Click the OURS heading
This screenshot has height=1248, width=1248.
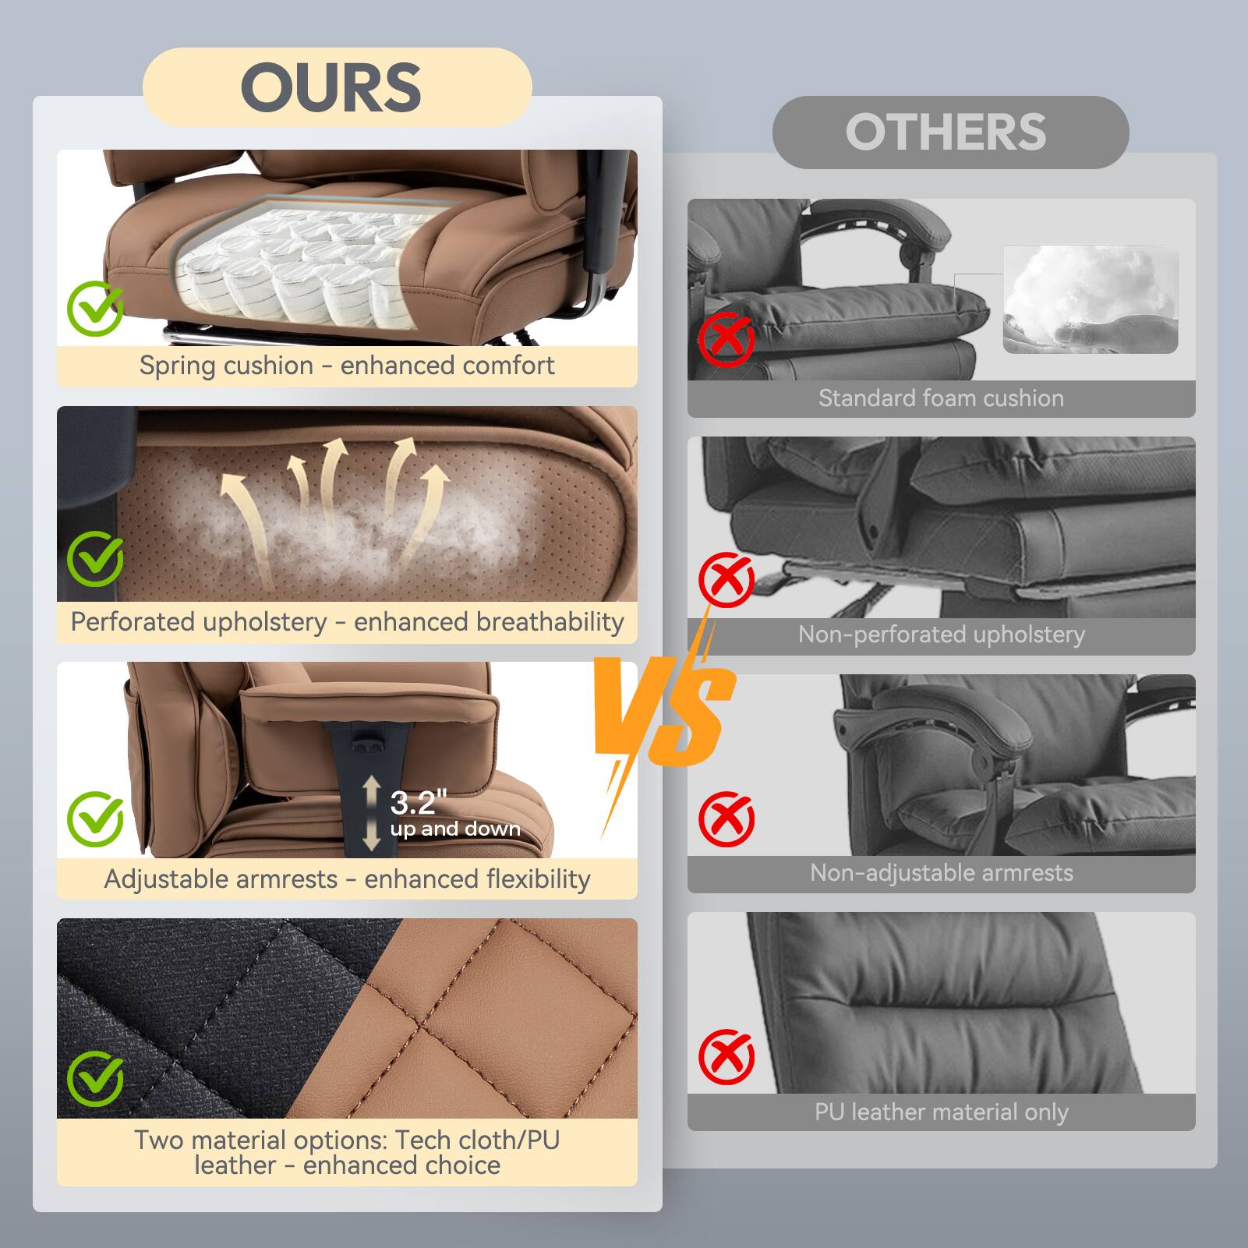click(x=331, y=87)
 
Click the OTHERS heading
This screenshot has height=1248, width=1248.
click(x=946, y=132)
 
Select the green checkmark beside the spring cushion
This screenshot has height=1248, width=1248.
click(x=95, y=308)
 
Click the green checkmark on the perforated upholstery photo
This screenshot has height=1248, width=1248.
click(x=95, y=559)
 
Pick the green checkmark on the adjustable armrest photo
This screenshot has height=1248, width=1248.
click(x=95, y=818)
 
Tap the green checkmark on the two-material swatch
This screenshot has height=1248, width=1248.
click(x=95, y=1078)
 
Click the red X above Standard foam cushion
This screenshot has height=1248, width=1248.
click(x=726, y=339)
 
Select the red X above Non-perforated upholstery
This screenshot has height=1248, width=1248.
click(x=726, y=579)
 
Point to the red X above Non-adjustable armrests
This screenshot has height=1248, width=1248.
click(x=726, y=818)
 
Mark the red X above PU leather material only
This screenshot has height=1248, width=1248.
click(x=726, y=1057)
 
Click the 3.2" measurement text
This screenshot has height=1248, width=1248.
click(x=419, y=802)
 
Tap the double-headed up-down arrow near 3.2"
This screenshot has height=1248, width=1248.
click(x=372, y=813)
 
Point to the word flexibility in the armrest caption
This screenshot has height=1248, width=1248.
click(x=538, y=879)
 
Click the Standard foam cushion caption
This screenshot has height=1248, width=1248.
click(x=941, y=398)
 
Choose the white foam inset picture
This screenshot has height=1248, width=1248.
click(x=1090, y=299)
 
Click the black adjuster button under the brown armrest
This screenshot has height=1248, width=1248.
click(x=371, y=747)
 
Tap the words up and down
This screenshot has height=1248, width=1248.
click(x=455, y=829)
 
